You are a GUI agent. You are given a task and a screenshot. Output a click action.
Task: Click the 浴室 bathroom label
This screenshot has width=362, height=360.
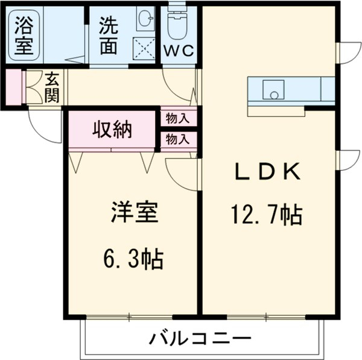tap(24, 36)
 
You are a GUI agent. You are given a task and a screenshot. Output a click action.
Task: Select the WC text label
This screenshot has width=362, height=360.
tap(179, 51)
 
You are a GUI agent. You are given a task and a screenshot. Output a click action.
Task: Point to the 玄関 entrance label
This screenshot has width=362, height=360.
tap(51, 88)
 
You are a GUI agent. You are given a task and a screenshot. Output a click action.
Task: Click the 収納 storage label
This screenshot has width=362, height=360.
tap(112, 130)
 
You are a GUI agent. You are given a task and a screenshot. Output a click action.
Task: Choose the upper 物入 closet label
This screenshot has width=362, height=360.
tap(177, 118)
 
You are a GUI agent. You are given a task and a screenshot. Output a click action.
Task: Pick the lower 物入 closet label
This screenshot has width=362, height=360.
tap(177, 139)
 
